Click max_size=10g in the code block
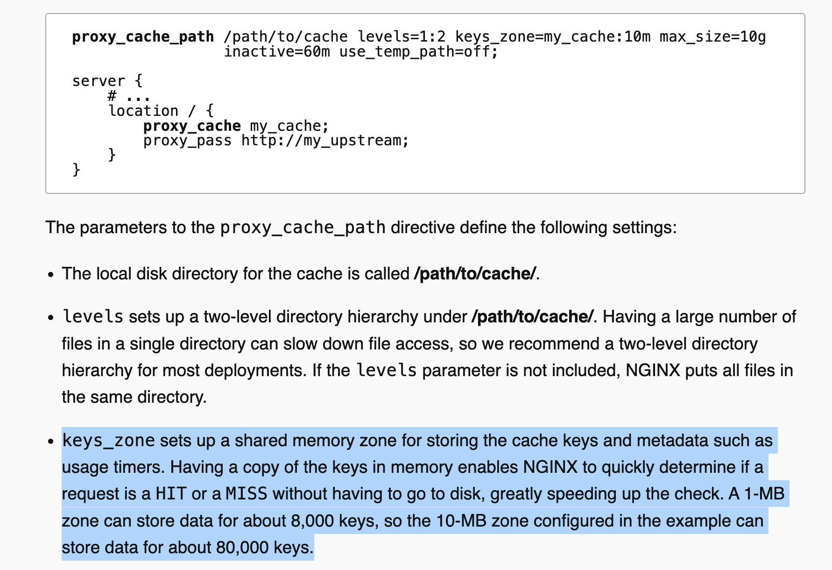point(712,36)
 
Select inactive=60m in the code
point(277,51)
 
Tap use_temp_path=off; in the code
point(419,51)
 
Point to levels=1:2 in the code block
point(402,36)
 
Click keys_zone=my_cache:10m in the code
point(553,36)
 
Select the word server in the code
point(99,81)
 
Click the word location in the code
point(143,111)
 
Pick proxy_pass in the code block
point(187,141)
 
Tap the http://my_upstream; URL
point(325,141)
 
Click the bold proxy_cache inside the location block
point(192,126)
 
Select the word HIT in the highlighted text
point(171,494)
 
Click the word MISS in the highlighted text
point(247,494)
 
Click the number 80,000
point(242,547)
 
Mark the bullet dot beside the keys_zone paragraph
point(52,442)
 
